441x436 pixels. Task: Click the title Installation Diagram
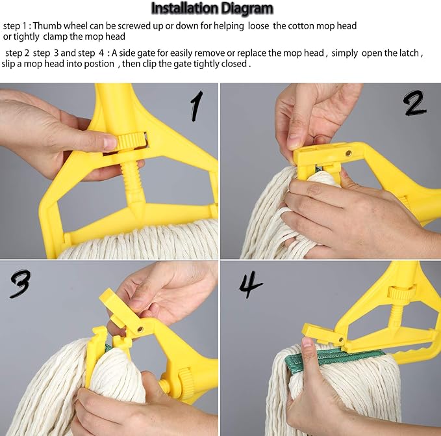pos(212,8)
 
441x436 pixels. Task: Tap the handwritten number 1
pos(197,106)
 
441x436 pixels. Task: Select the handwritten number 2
pos(416,103)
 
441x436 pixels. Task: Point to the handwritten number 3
pos(20,284)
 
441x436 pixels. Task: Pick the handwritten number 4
pos(250,284)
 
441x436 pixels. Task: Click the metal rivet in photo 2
pos(348,154)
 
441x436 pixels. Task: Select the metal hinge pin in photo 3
pos(140,329)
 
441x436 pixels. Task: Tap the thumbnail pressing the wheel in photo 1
pos(110,143)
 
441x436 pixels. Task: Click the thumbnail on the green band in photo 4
pos(307,344)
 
